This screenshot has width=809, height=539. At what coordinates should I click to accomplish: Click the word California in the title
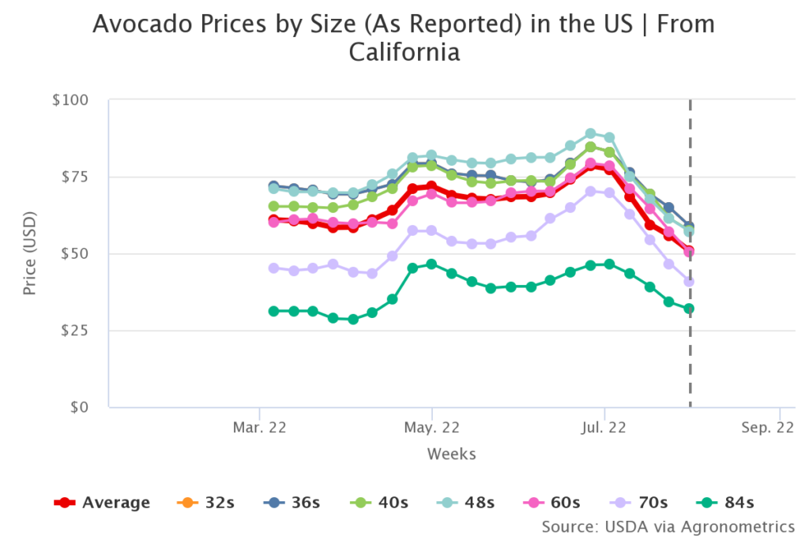tap(404, 53)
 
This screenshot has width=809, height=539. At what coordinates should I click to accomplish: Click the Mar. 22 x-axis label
tap(259, 428)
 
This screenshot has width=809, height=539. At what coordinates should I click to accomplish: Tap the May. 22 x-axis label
tap(431, 428)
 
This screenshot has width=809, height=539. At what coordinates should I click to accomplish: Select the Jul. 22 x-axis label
tap(604, 428)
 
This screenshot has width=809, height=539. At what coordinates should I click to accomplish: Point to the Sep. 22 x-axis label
tap(767, 428)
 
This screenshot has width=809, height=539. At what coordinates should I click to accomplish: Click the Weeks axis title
tap(451, 454)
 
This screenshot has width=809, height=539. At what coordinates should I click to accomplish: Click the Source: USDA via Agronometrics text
tap(668, 526)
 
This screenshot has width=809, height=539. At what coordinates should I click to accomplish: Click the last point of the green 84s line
tap(689, 309)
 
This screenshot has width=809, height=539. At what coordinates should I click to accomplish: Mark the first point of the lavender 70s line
tap(273, 268)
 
